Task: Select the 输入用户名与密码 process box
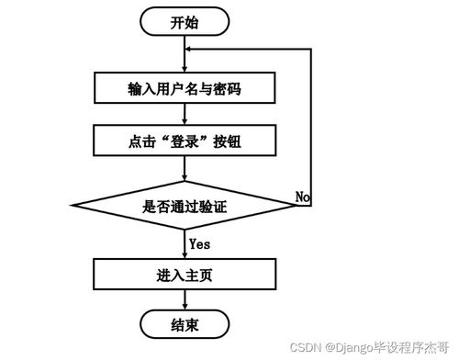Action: pos(185,89)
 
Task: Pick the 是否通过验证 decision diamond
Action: pos(185,208)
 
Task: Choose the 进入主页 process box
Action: pos(185,274)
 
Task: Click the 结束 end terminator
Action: pos(185,325)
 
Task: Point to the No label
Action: pos(303,197)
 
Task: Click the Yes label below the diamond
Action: pos(199,243)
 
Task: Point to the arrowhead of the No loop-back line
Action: pos(191,52)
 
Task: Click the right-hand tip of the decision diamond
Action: pos(296,208)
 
